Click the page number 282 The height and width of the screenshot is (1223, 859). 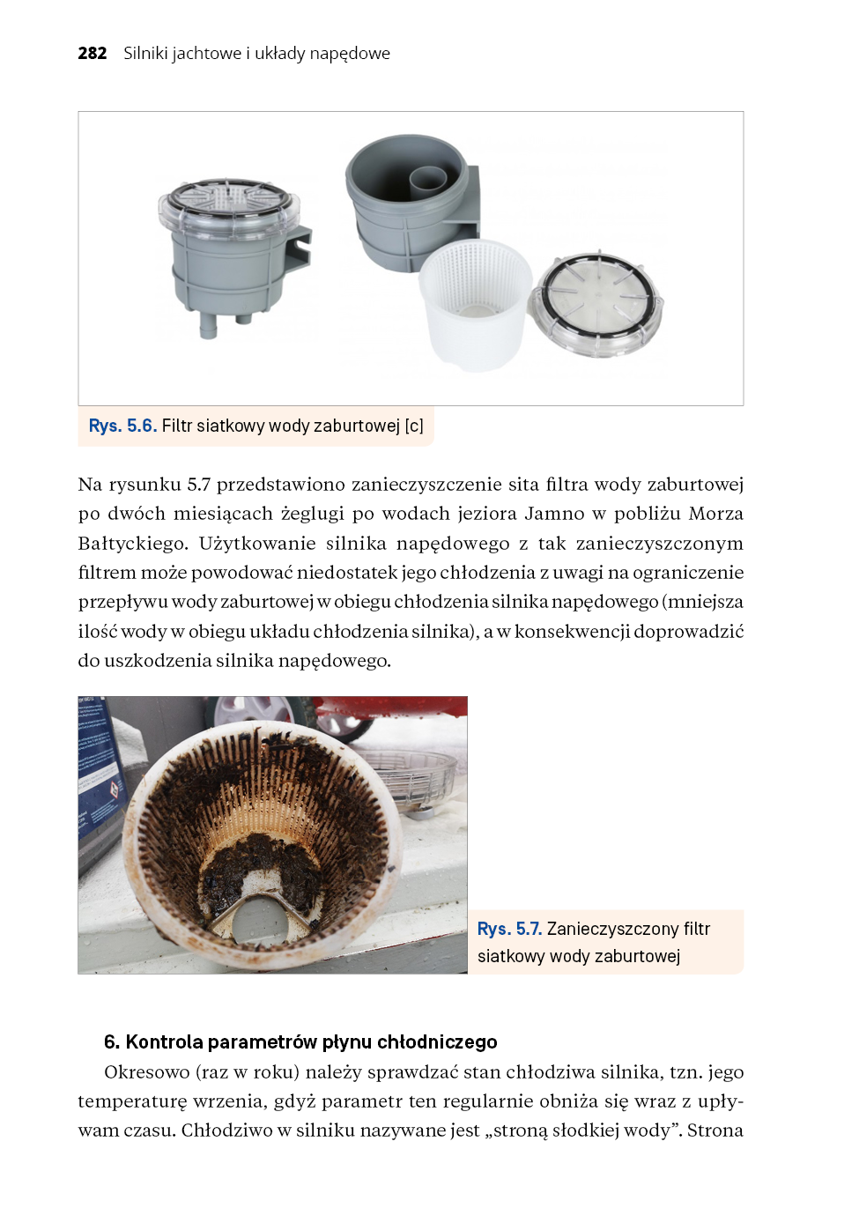point(92,53)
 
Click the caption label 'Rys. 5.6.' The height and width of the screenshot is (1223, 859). point(122,426)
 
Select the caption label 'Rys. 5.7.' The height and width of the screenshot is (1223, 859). point(509,929)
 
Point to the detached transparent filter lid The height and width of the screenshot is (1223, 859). point(596,304)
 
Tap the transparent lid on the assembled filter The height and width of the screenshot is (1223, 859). point(229,202)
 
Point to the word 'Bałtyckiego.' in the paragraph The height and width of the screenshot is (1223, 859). point(132,543)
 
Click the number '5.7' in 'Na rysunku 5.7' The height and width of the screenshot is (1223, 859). point(198,485)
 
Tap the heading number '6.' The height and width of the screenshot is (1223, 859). point(112,1041)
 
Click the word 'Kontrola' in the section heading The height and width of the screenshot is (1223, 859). point(165,1041)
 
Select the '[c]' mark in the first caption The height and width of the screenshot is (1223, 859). point(414,426)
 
